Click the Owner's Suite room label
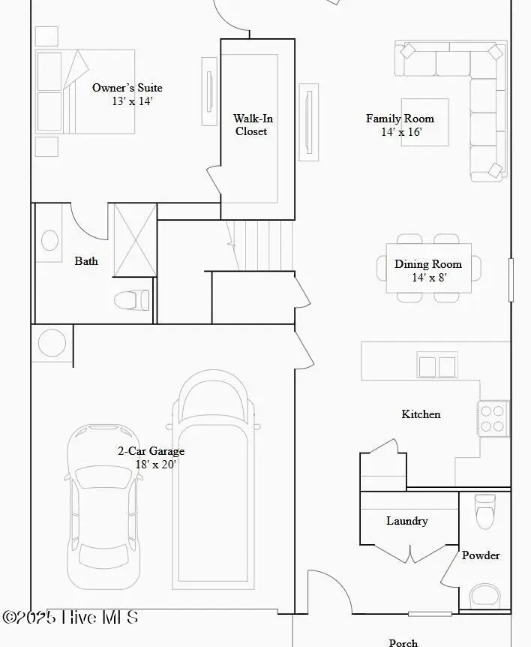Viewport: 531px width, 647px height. click(127, 88)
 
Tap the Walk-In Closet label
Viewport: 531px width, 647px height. click(250, 125)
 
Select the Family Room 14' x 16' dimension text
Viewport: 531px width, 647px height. click(401, 132)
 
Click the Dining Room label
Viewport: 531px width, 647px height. click(428, 263)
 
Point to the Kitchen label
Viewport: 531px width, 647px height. click(421, 414)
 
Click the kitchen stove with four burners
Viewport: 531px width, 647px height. click(493, 419)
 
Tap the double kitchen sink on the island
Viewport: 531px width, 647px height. click(436, 366)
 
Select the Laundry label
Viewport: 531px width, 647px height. click(406, 521)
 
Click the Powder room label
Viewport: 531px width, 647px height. click(480, 555)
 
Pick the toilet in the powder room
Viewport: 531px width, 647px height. click(486, 512)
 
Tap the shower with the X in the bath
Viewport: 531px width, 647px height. click(134, 240)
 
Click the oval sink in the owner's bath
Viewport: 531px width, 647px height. click(49, 240)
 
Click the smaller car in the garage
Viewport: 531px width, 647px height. click(104, 507)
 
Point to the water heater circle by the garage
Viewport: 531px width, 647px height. click(52, 343)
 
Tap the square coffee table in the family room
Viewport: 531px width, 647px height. click(424, 122)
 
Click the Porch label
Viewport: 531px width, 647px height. click(403, 642)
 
